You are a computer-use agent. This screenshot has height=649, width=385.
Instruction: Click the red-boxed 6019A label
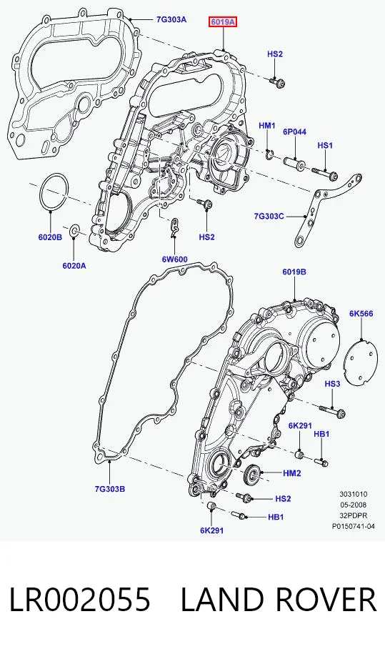(223, 21)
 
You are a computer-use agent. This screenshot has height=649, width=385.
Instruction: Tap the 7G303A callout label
(171, 19)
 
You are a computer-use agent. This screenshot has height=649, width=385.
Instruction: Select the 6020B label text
(50, 237)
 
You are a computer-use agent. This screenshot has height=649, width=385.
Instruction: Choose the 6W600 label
(174, 259)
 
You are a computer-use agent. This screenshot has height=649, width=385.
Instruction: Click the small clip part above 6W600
(175, 228)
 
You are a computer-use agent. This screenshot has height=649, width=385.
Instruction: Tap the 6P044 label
(295, 132)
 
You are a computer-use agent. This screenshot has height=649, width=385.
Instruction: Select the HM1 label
(267, 125)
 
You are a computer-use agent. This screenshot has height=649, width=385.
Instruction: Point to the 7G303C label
(269, 216)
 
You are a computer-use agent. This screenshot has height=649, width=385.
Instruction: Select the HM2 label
(292, 472)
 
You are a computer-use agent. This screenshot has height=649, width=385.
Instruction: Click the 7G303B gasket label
(109, 489)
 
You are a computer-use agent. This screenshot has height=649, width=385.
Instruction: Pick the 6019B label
(294, 272)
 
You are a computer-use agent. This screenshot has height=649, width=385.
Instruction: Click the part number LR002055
(79, 600)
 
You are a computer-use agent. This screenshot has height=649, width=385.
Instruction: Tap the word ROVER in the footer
(325, 600)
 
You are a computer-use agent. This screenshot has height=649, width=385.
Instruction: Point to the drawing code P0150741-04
(354, 527)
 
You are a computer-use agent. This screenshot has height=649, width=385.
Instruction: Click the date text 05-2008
(354, 505)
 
